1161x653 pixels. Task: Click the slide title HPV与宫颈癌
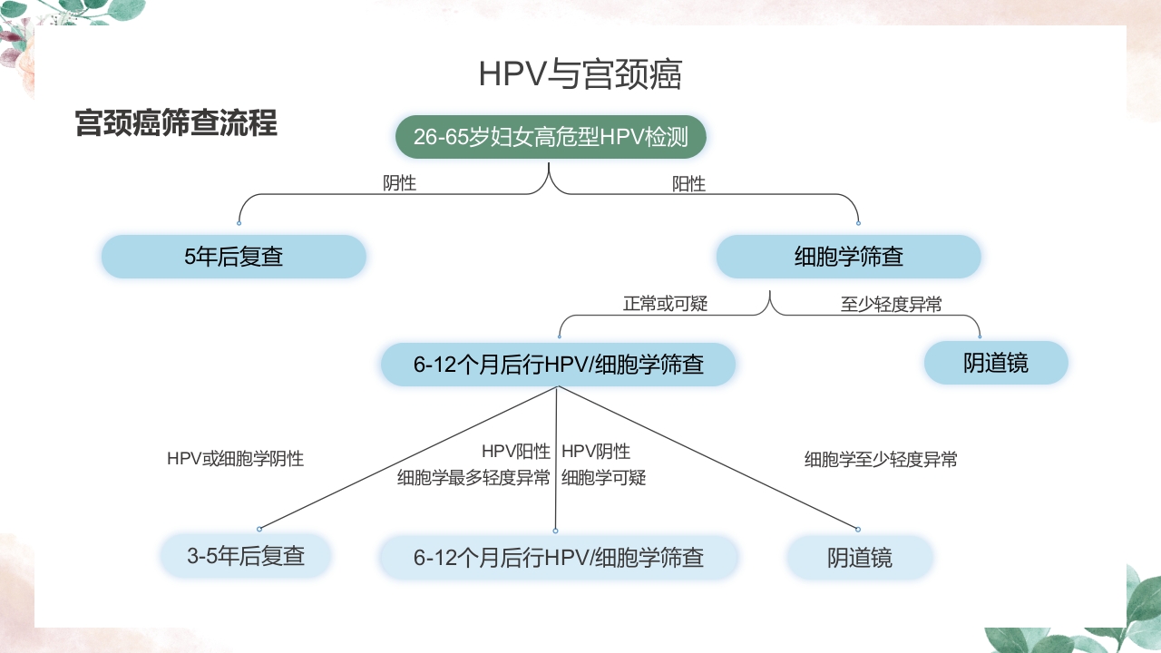[x=580, y=75]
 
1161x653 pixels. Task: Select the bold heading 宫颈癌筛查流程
[x=176, y=123]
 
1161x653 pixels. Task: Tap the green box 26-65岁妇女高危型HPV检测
[x=551, y=138]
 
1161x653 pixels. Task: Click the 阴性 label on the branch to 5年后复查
[x=399, y=183]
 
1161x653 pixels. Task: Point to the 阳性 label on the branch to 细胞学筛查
[x=688, y=184]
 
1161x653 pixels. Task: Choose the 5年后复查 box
[x=234, y=257]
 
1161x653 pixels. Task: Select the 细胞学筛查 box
[x=848, y=257]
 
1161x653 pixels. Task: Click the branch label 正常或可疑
[x=665, y=304]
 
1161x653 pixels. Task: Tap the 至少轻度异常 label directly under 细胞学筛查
[x=891, y=305]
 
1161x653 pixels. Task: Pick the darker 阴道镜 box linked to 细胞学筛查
[x=996, y=363]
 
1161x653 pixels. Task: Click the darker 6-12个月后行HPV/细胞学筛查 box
[x=558, y=365]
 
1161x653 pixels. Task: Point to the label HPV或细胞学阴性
[x=235, y=459]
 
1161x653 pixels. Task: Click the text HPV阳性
[x=515, y=452]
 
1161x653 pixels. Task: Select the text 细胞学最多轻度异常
[x=473, y=478]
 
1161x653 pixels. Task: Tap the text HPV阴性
[x=596, y=452]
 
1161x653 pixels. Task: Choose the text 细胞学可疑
[x=603, y=478]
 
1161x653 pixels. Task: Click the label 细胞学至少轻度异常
[x=881, y=460]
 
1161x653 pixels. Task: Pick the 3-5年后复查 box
[x=245, y=556]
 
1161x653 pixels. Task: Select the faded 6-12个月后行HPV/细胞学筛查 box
[x=558, y=557]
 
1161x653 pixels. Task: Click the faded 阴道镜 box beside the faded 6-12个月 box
[x=859, y=557]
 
